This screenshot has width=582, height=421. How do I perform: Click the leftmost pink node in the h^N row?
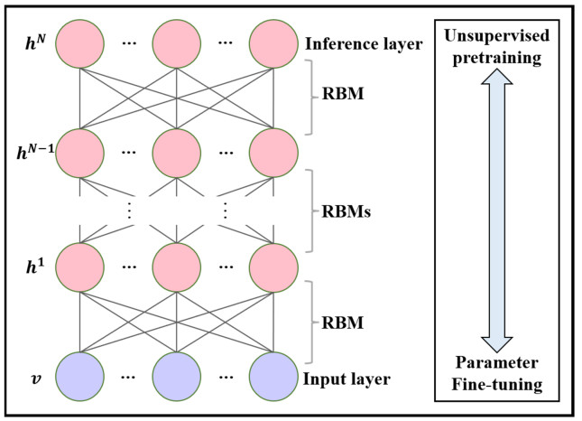(x=81, y=42)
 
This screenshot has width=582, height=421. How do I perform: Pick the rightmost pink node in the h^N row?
(x=273, y=42)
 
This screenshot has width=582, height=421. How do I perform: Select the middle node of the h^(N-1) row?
(x=177, y=153)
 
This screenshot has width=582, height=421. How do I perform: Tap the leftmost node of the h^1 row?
(x=81, y=266)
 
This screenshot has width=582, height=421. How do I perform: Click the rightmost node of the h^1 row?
(x=273, y=266)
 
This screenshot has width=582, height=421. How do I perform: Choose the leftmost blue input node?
(x=81, y=379)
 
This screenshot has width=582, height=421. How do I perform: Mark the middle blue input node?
(x=177, y=379)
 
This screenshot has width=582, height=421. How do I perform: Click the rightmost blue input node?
(x=273, y=379)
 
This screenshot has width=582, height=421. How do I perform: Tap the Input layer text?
(x=347, y=379)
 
